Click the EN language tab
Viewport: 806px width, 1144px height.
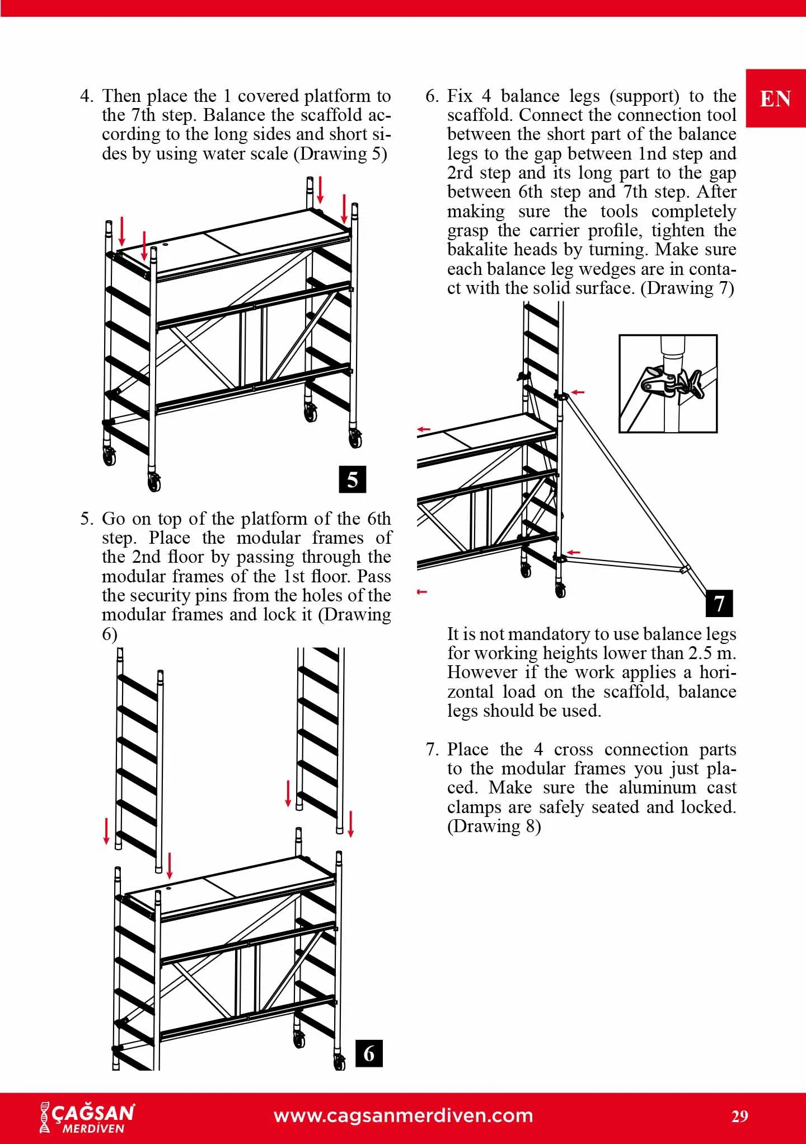pyautogui.click(x=775, y=99)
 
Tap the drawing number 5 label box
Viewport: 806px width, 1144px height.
pyautogui.click(x=353, y=479)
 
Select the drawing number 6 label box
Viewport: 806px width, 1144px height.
pyautogui.click(x=369, y=1053)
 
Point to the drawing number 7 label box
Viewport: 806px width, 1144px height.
pyautogui.click(x=719, y=603)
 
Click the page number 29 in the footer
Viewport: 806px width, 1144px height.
pyautogui.click(x=739, y=1117)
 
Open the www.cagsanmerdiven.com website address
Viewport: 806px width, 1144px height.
pyautogui.click(x=403, y=1115)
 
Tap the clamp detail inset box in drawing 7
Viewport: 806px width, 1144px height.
pyautogui.click(x=668, y=384)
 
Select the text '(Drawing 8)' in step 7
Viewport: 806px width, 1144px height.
pyautogui.click(x=494, y=826)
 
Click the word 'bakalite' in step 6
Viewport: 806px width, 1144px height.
pyautogui.click(x=478, y=250)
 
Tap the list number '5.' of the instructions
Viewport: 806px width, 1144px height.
pyautogui.click(x=87, y=519)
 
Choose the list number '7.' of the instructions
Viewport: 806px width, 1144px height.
pyautogui.click(x=432, y=749)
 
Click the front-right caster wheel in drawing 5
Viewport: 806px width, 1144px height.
pyautogui.click(x=355, y=438)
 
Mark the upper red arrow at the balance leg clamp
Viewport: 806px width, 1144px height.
pyautogui.click(x=577, y=393)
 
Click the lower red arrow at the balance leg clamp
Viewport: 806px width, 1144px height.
pyautogui.click(x=574, y=553)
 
